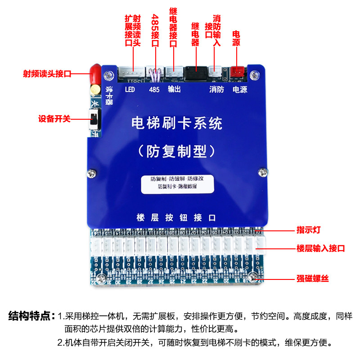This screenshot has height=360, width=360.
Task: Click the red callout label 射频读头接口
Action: pos(47,74)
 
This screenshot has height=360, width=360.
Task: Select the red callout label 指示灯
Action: pos(308,230)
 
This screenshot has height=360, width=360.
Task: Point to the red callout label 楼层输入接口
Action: pos(321,248)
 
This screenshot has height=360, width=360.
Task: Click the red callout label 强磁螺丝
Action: pos(313,279)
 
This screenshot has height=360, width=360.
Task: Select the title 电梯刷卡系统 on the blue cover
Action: pos(176,122)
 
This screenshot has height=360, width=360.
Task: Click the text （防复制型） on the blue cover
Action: pos(176,149)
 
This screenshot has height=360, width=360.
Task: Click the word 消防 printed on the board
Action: pos(216,89)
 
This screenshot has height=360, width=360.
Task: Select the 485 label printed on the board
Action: pos(154,89)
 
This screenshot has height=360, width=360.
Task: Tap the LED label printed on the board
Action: pos(130,89)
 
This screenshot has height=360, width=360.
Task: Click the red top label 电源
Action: pos(236,39)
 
